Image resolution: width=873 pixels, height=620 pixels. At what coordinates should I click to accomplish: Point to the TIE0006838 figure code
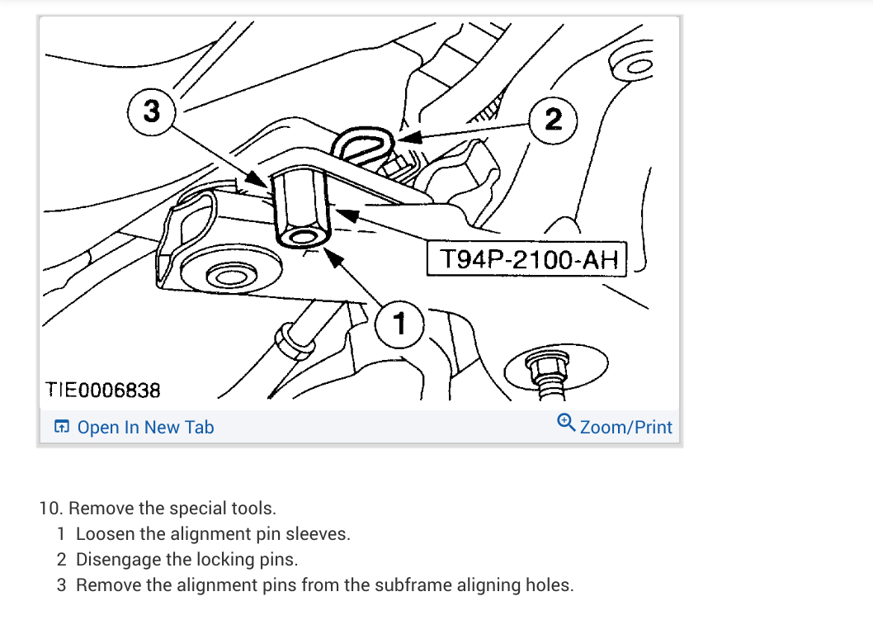[x=102, y=388]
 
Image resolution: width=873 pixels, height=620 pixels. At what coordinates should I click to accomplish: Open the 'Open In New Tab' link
[x=145, y=427]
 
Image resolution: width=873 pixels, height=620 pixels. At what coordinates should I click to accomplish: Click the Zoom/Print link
[x=625, y=427]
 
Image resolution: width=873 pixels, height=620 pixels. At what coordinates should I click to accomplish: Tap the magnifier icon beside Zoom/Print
[x=566, y=424]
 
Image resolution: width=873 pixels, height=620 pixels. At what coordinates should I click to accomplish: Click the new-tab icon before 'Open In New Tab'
[x=62, y=427]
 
